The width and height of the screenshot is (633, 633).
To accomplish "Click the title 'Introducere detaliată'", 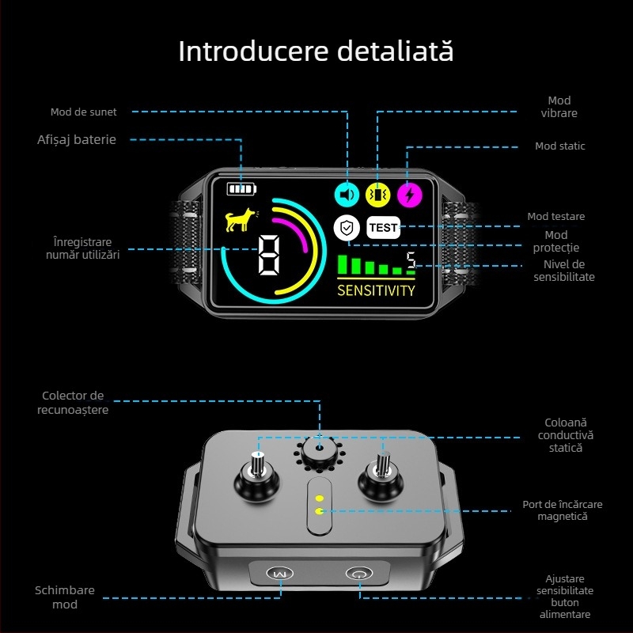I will [x=316, y=51].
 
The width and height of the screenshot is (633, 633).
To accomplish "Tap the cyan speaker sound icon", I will [x=347, y=194].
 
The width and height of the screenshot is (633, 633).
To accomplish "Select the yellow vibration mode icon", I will [x=378, y=194].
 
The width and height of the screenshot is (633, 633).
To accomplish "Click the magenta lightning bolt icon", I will [x=409, y=194].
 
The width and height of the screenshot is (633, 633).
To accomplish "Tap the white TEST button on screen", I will [x=383, y=228].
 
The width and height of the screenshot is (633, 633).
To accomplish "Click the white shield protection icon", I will [x=346, y=228].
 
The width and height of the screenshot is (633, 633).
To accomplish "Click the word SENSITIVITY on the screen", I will [x=376, y=290].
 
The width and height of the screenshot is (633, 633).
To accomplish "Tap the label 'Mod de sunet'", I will [x=83, y=112].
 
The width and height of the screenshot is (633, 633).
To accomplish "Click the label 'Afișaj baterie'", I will [x=77, y=140].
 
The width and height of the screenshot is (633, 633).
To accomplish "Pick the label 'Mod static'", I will [x=560, y=146].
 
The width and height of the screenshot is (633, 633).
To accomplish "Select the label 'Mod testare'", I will [x=556, y=217].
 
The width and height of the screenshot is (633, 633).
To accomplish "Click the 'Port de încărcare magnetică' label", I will [x=562, y=510].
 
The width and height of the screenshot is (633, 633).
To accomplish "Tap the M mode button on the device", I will [x=277, y=574].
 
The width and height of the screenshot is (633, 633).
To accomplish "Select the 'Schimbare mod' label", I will [x=65, y=597].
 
